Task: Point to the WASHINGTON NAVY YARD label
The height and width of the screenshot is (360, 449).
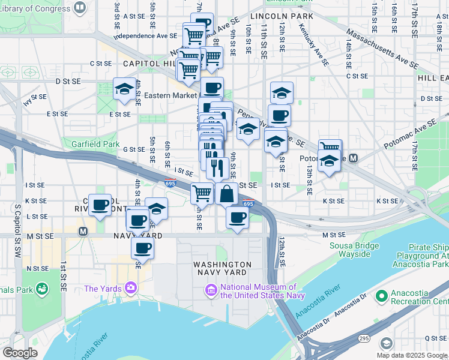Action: pyautogui.click(x=222, y=268)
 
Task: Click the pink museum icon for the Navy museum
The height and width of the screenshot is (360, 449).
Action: pyautogui.click(x=211, y=291)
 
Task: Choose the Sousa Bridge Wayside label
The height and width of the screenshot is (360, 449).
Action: pyautogui.click(x=354, y=250)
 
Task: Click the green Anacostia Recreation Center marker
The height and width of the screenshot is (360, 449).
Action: pyautogui.click(x=381, y=296)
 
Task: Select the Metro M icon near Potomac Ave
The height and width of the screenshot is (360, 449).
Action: pyautogui.click(x=354, y=158)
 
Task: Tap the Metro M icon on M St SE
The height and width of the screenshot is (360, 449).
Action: pyautogui.click(x=83, y=231)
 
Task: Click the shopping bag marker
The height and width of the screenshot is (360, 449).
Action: pyautogui.click(x=226, y=194)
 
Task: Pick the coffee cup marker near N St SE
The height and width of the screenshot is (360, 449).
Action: pyautogui.click(x=143, y=248)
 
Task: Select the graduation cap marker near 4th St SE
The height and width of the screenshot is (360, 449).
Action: pyautogui.click(x=124, y=90)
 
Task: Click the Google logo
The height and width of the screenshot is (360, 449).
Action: pyautogui.click(x=20, y=353)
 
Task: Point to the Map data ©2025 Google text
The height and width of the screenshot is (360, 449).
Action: pyautogui.click(x=411, y=355)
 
